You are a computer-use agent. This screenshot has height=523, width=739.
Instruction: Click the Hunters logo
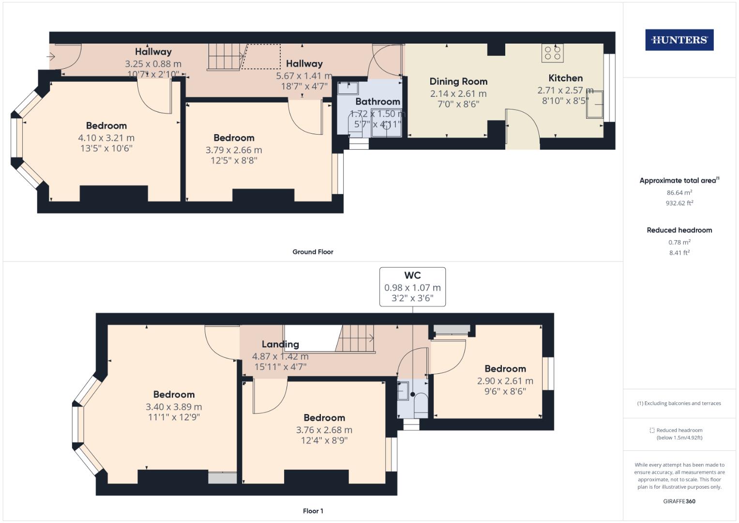pyautogui.click(x=679, y=40)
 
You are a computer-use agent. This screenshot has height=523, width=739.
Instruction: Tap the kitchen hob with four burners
pyautogui.click(x=552, y=53)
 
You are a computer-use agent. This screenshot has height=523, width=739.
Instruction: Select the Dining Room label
pyautogui.click(x=458, y=81)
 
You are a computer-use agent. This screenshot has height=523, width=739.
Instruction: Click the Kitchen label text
pyautogui.click(x=565, y=78)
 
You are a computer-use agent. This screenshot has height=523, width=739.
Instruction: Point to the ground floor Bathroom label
pyautogui.click(x=377, y=101)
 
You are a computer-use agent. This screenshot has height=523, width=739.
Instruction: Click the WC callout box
pyautogui.click(x=412, y=287)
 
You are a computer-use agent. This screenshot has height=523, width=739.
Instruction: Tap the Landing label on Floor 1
pyautogui.click(x=280, y=344)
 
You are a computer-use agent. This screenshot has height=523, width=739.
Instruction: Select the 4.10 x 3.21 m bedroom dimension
pyautogui.click(x=106, y=138)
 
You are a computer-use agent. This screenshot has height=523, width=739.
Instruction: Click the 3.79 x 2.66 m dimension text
pyautogui.click(x=234, y=150)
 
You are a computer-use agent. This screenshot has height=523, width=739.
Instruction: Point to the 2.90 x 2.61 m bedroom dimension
pyautogui.click(x=505, y=381)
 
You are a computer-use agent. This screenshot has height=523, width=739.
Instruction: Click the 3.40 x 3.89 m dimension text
pyautogui.click(x=174, y=407)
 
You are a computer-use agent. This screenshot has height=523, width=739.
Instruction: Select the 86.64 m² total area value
pyautogui.click(x=679, y=193)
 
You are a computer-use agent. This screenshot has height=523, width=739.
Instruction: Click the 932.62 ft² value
pyautogui.click(x=679, y=203)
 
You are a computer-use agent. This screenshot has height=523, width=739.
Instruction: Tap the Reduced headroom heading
pyautogui.click(x=679, y=230)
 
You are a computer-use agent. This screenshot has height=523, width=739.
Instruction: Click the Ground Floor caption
pyautogui.click(x=313, y=252)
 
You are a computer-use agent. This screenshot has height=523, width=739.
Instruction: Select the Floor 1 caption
pyautogui.click(x=313, y=511)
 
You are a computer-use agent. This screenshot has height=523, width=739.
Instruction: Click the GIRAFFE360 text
pyautogui.click(x=679, y=501)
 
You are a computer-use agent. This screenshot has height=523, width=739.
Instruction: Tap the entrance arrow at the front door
pyautogui.click(x=52, y=57)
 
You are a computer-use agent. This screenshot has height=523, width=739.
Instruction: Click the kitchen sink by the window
pyautogui.click(x=595, y=104)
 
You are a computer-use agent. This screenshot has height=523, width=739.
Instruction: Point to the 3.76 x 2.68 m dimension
pyautogui.click(x=324, y=430)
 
